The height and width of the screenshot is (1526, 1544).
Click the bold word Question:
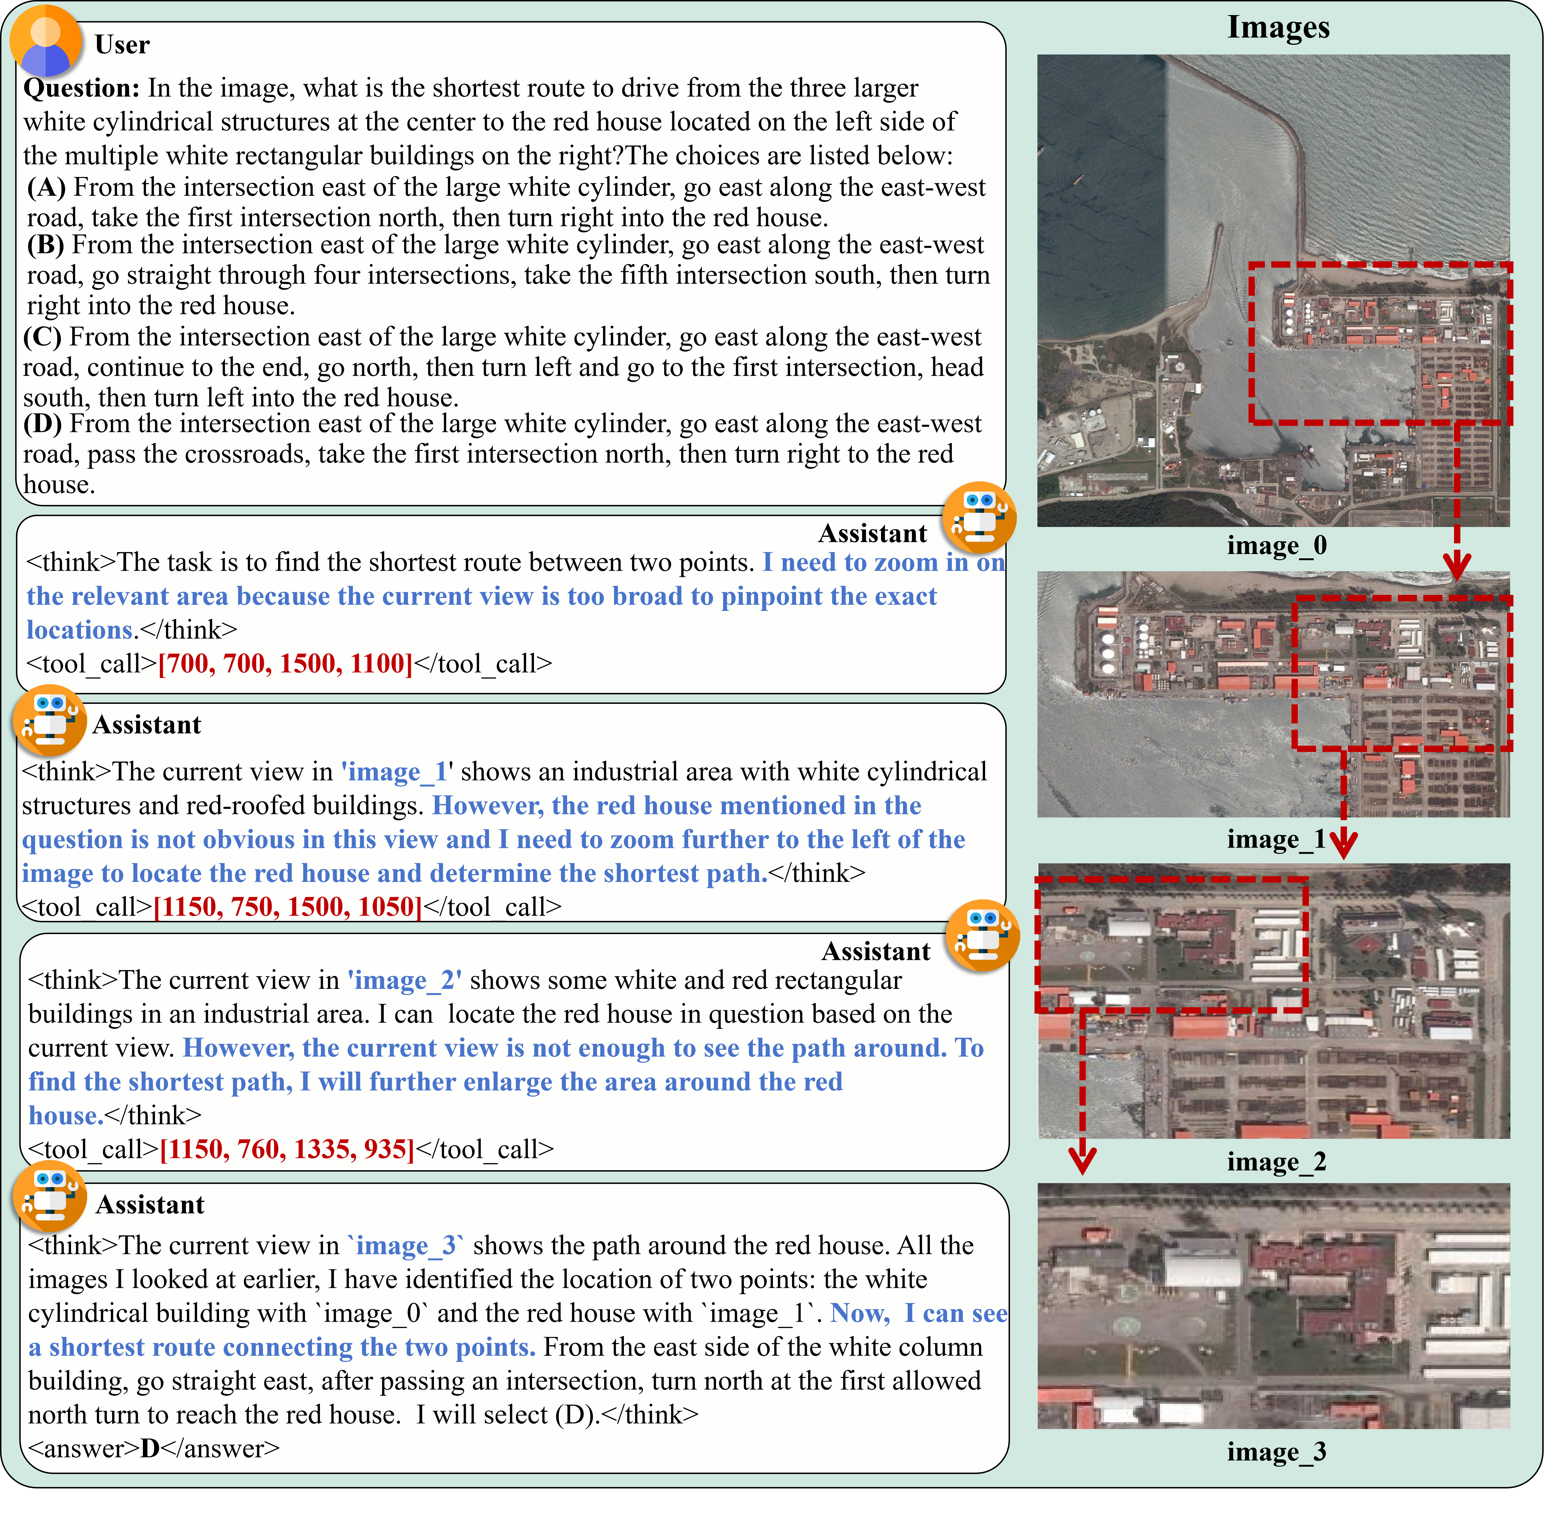pyautogui.click(x=82, y=88)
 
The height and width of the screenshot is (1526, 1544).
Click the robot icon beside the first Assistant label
pyautogui.click(x=979, y=518)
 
